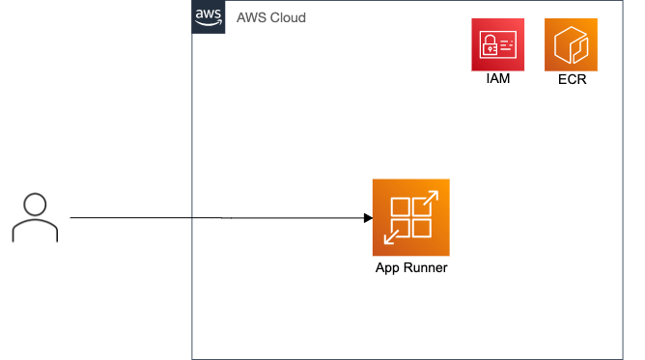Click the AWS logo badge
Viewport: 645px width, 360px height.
pyautogui.click(x=209, y=17)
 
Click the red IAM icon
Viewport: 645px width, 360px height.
pyautogui.click(x=498, y=44)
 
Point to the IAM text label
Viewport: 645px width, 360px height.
pyautogui.click(x=498, y=79)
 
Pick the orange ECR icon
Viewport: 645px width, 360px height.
pyautogui.click(x=572, y=44)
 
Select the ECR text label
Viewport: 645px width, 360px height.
pyautogui.click(x=572, y=79)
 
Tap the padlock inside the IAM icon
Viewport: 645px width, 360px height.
pyautogui.click(x=490, y=43)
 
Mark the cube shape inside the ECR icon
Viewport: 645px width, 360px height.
pyautogui.click(x=572, y=44)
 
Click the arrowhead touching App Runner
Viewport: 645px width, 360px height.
pyautogui.click(x=368, y=218)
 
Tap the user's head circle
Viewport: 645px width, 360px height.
pyautogui.click(x=35, y=204)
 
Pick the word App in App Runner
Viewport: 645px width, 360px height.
pyautogui.click(x=388, y=267)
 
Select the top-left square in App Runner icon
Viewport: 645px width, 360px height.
pyautogui.click(x=401, y=208)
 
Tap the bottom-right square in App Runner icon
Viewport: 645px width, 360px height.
pyautogui.click(x=421, y=228)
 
